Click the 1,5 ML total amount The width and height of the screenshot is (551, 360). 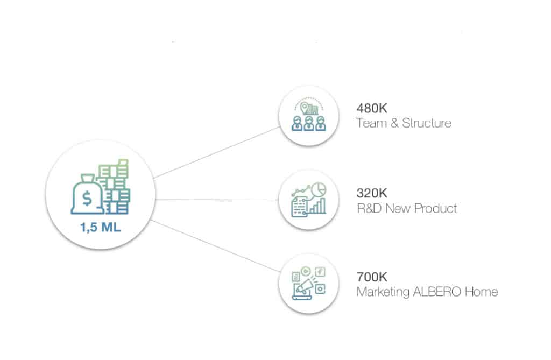click(101, 228)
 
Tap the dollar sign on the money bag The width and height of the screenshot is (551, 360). click(87, 198)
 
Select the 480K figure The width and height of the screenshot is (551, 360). click(372, 108)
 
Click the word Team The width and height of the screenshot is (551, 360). click(371, 123)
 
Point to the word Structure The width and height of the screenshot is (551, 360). click(427, 123)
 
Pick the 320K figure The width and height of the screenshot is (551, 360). click(372, 193)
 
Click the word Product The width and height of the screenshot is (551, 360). click(436, 208)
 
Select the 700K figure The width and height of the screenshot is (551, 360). click(372, 277)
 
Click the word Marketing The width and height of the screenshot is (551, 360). click(383, 292)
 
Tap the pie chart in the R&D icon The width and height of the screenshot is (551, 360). click(319, 189)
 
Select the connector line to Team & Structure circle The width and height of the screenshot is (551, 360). click(217, 152)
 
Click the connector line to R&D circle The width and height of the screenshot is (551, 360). click(217, 200)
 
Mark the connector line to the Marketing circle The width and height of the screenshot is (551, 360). click(215, 246)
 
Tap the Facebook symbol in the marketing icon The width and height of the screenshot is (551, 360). click(320, 272)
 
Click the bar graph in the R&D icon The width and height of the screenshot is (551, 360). click(317, 206)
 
